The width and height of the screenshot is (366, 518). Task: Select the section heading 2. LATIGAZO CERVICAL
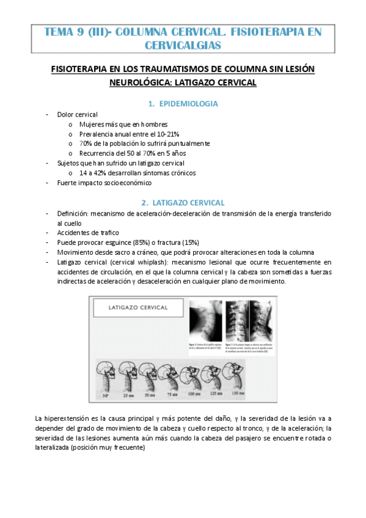pos(183,202)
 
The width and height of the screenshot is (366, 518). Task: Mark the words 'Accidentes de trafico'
pos(88,232)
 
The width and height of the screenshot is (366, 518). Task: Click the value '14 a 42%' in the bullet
pos(92,173)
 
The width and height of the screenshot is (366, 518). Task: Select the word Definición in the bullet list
pos(72,213)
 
